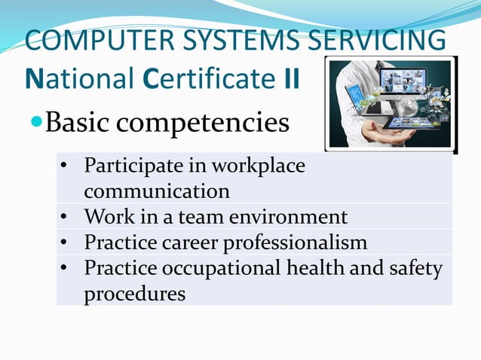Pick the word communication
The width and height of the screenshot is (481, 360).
click(x=157, y=190)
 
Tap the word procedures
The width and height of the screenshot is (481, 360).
click(x=135, y=294)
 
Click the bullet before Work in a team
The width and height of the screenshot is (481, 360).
click(x=65, y=218)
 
